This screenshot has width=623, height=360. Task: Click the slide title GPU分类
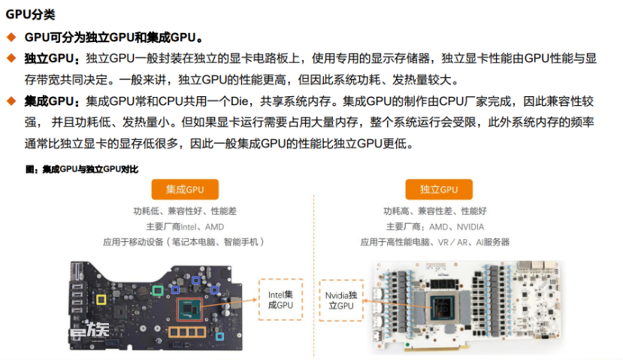[30, 14]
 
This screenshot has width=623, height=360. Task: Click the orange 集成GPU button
[185, 189]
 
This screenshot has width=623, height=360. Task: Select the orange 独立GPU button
[439, 189]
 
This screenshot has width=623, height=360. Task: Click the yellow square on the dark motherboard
[101, 300]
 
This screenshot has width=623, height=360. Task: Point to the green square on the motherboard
[158, 290]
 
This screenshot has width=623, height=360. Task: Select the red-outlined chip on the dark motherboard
[189, 309]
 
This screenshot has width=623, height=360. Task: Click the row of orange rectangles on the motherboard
[187, 331]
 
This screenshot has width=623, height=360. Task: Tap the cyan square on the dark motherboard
[219, 337]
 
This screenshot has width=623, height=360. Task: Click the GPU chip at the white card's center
[443, 308]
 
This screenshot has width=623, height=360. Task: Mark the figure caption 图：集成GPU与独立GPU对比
[82, 169]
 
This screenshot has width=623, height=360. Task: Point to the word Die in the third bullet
[240, 101]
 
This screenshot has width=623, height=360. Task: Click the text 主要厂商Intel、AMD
[185, 227]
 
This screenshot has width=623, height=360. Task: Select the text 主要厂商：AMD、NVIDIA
[435, 227]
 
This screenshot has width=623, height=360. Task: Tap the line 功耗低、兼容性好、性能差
[185, 211]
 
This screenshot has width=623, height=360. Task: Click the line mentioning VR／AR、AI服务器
[434, 242]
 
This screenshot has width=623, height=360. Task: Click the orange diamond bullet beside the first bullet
[11, 38]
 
